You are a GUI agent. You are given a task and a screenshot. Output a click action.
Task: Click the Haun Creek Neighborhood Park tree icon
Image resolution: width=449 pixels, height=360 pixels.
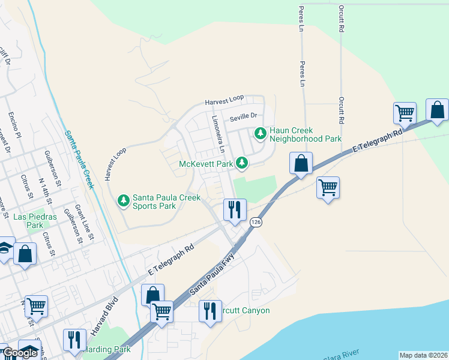pos(260,133)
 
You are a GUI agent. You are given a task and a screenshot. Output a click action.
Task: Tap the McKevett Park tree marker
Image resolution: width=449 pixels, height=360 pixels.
pos(242,163)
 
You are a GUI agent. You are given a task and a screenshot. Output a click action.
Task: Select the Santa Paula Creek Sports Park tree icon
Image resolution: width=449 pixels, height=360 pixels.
pos(123,200)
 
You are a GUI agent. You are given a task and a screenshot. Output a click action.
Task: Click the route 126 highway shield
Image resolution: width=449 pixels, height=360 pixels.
pos(256,222)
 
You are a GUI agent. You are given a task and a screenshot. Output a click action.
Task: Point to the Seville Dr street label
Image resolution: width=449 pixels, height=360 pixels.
pos(242,116)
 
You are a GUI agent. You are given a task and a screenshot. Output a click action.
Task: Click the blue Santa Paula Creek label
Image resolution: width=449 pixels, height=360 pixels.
pos(79,160)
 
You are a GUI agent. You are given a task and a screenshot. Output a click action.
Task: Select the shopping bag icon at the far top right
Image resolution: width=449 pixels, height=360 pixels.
pos(437,110)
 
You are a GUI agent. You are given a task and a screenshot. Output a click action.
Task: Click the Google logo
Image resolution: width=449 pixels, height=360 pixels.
pos(19,353)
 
